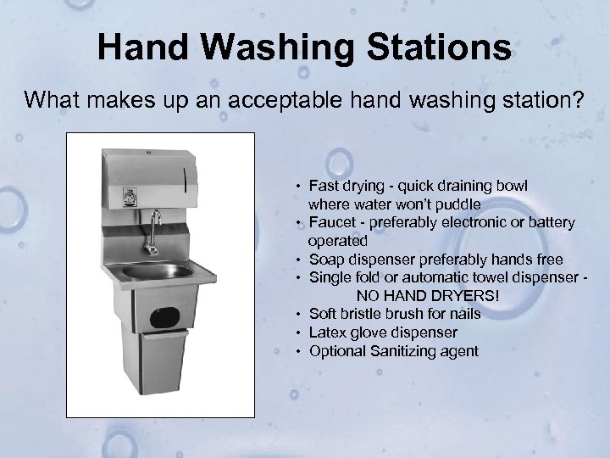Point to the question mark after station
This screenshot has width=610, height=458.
tap(577, 102)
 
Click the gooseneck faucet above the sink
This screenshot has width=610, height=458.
tap(154, 228)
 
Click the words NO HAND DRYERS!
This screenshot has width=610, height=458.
tap(428, 296)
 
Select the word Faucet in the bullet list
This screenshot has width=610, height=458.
tap(332, 223)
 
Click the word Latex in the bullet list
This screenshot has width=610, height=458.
tap(327, 332)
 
